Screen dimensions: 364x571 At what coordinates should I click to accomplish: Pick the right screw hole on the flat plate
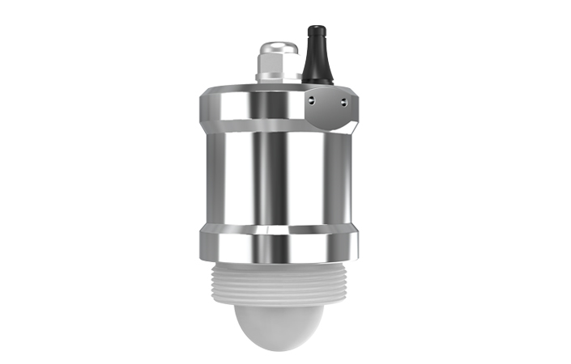[343, 100]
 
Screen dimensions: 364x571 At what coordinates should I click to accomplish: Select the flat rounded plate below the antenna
[329, 109]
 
